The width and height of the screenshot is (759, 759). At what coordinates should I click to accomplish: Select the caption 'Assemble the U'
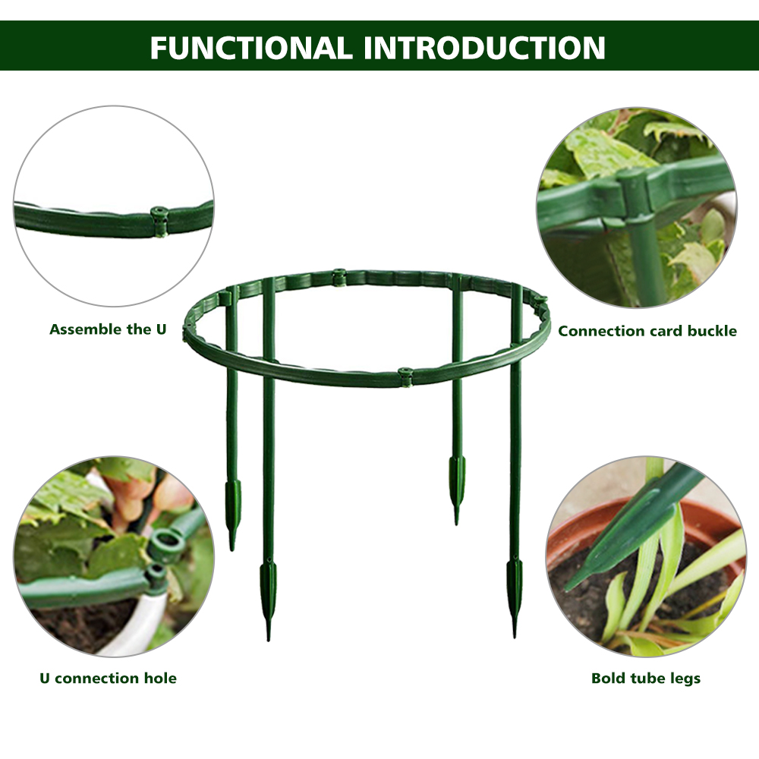click(108, 329)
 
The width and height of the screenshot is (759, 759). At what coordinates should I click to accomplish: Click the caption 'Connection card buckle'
click(647, 331)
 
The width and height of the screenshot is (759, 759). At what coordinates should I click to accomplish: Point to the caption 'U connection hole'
click(108, 678)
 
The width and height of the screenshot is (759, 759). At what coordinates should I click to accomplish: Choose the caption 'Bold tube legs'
click(646, 678)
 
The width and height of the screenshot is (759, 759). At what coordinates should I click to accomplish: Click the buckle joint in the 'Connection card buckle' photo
click(634, 196)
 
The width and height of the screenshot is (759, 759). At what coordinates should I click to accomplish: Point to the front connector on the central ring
click(405, 377)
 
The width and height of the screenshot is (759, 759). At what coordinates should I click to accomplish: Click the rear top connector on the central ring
click(339, 277)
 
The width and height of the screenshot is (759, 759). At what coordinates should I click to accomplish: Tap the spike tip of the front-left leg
click(268, 640)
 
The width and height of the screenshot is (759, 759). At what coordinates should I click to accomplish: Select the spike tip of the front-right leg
click(514, 636)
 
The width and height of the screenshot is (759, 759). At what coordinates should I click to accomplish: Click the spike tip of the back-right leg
click(456, 524)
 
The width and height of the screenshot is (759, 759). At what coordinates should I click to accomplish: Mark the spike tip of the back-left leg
click(231, 550)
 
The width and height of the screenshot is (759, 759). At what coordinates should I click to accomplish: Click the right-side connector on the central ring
click(540, 304)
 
